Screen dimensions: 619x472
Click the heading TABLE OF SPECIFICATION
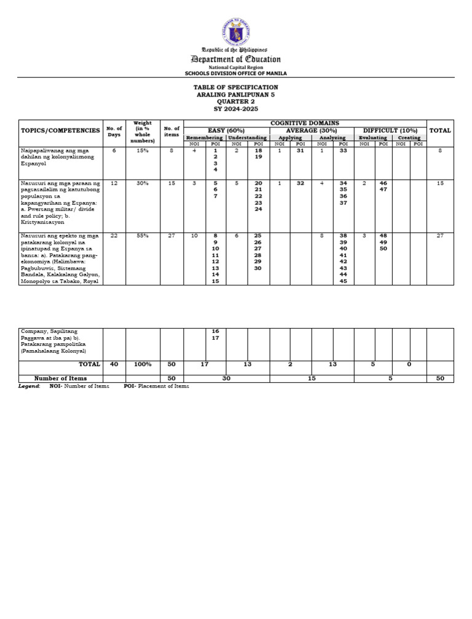click(236, 87)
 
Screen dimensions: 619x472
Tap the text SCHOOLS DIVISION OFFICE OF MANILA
click(236, 73)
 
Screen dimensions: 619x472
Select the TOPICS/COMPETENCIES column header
click(60, 130)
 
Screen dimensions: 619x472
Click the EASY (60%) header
click(226, 130)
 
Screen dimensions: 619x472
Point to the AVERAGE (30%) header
click(312, 130)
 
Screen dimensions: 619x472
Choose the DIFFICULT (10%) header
click(390, 130)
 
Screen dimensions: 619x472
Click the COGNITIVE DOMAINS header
click(305, 123)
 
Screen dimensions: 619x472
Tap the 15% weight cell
click(143, 150)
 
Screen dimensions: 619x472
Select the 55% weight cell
click(143, 236)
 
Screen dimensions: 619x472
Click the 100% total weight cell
click(143, 364)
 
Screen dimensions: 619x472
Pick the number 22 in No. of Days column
click(114, 236)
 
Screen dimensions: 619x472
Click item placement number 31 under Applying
click(301, 150)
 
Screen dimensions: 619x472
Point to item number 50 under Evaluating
click(383, 249)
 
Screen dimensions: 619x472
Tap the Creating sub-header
click(409, 138)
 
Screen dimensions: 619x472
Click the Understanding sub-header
click(248, 138)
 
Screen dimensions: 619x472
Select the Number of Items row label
click(60, 378)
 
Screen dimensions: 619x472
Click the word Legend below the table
click(29, 386)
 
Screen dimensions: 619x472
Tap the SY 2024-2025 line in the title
click(236, 109)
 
